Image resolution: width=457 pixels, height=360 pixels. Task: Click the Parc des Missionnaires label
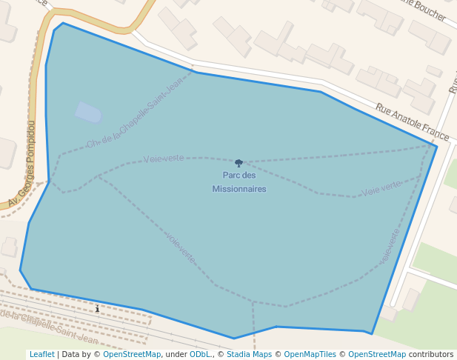click(238, 182)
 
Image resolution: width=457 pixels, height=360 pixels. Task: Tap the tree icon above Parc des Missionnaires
click(238, 163)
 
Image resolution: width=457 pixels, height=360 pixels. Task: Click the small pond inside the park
click(88, 112)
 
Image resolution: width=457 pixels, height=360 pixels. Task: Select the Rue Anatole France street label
click(412, 121)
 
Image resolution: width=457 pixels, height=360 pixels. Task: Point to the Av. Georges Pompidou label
click(22, 164)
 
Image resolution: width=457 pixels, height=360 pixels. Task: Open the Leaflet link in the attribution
click(41, 354)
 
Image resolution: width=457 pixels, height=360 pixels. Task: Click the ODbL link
click(199, 354)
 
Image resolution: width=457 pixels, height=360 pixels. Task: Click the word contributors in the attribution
click(430, 354)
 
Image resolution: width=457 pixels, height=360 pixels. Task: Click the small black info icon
click(97, 308)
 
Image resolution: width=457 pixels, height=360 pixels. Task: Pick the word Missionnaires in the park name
click(238, 189)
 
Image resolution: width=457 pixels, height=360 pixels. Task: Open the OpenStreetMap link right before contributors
click(377, 354)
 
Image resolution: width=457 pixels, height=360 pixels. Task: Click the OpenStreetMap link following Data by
click(132, 354)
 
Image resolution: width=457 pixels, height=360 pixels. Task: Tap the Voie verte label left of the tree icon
click(164, 159)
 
